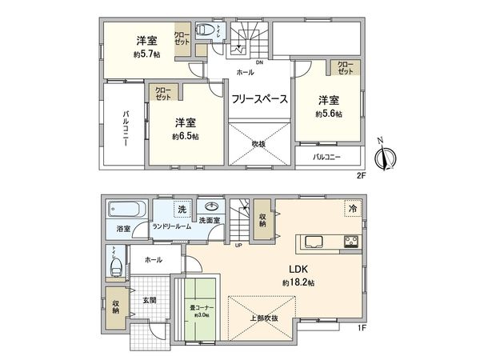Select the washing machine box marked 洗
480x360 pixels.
182,210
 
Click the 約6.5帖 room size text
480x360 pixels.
185,136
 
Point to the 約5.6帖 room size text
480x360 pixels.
328,114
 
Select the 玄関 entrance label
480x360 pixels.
150,300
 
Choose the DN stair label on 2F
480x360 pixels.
259,62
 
